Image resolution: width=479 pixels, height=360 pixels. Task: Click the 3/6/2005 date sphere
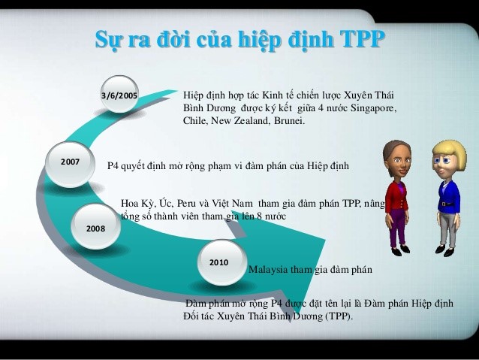click(x=119, y=94)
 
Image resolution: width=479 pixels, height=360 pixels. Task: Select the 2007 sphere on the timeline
click(x=70, y=165)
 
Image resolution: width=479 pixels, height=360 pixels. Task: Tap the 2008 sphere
click(x=95, y=226)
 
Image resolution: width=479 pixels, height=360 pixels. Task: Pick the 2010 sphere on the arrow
click(x=221, y=262)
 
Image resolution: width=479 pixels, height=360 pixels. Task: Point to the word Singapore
click(x=373, y=108)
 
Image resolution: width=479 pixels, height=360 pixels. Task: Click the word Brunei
click(x=289, y=120)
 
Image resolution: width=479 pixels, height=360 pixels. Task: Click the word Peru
click(x=186, y=204)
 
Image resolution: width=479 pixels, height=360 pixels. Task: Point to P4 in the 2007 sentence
click(x=113, y=166)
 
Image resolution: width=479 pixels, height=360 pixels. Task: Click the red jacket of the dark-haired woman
click(x=396, y=196)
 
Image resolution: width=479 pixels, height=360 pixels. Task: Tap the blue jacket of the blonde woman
click(x=449, y=196)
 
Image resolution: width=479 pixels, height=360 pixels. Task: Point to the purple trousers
click(x=398, y=228)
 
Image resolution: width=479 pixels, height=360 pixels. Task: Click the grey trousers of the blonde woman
click(x=448, y=229)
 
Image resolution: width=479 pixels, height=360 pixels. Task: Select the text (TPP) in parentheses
click(x=339, y=316)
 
